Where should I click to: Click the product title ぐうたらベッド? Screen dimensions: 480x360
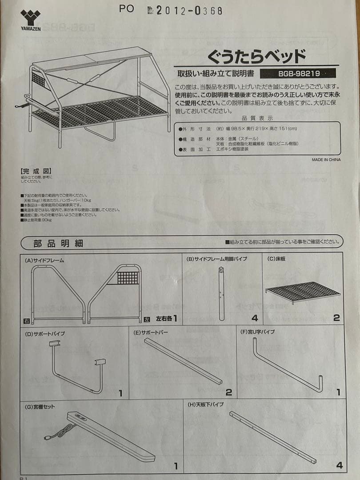click(x=256, y=56)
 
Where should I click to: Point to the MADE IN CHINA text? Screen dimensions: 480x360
click(x=326, y=160)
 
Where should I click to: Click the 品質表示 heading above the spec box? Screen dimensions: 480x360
click(x=257, y=118)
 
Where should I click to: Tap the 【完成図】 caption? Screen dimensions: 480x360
click(x=36, y=171)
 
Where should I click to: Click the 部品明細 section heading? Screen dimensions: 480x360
click(x=58, y=243)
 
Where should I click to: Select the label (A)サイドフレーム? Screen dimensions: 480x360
click(x=44, y=260)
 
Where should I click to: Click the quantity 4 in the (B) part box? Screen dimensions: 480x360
click(x=254, y=318)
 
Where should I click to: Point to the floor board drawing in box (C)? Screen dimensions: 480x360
click(x=303, y=291)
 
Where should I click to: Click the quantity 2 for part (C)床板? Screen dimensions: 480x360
click(x=336, y=318)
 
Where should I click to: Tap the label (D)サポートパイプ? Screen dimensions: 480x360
click(x=45, y=333)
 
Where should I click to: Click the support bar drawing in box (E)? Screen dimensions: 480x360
click(x=183, y=361)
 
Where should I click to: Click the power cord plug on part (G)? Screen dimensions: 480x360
click(x=46, y=438)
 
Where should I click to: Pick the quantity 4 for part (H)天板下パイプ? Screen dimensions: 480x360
click(x=339, y=465)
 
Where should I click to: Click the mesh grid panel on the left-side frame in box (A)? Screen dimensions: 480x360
click(x=128, y=278)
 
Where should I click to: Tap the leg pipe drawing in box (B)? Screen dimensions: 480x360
click(x=221, y=293)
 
